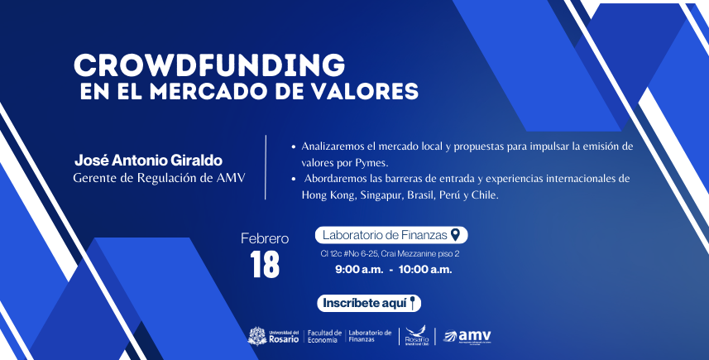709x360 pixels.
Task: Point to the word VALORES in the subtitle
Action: pos(364,89)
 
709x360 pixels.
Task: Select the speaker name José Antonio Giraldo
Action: pos(149,158)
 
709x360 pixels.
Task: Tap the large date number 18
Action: pos(264,265)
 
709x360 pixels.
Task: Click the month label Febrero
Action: pos(265,238)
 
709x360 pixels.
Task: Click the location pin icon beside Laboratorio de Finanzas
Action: pos(454,235)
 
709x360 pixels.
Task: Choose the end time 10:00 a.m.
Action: pos(425,270)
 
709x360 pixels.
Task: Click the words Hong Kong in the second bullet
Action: pos(326,195)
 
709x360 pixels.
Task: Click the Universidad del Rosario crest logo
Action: pos(257,335)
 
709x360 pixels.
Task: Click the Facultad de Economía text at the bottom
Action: pos(323,335)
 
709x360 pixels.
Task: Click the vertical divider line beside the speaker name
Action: pos(266,166)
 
